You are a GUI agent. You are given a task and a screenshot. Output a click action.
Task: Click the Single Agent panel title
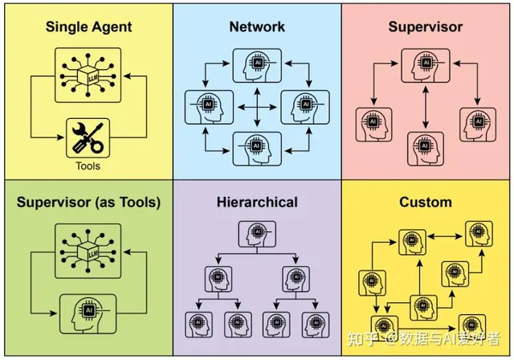click(x=88, y=27)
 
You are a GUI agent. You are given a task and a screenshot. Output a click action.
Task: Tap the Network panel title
click(x=257, y=27)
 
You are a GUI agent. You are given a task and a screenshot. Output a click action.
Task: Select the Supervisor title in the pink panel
click(x=426, y=27)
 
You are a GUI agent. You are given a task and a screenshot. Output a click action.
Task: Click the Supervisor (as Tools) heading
click(x=88, y=202)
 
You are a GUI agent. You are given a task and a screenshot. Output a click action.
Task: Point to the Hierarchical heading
click(x=257, y=202)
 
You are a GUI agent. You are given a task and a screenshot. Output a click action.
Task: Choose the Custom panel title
click(x=426, y=202)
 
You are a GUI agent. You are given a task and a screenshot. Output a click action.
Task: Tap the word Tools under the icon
click(x=88, y=166)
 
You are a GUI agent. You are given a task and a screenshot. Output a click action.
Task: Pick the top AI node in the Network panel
click(x=257, y=65)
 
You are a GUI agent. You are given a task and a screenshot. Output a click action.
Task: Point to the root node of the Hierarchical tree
click(x=257, y=233)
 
